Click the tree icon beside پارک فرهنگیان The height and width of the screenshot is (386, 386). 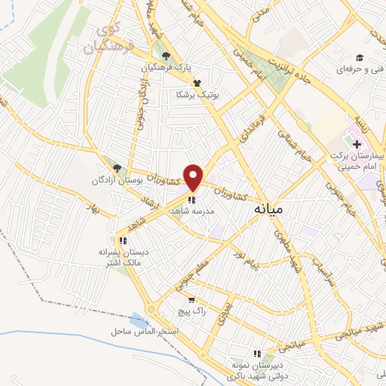click(166, 55)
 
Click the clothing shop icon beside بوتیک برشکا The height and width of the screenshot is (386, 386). click(197, 83)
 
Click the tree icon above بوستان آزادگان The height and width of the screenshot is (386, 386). click(116, 168)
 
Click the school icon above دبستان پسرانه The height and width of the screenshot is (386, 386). click(123, 240)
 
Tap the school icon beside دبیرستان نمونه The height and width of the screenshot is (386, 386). click(258, 353)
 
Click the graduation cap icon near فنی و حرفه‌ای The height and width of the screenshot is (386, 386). click(360, 58)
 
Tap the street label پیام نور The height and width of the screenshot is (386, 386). click(247, 247)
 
